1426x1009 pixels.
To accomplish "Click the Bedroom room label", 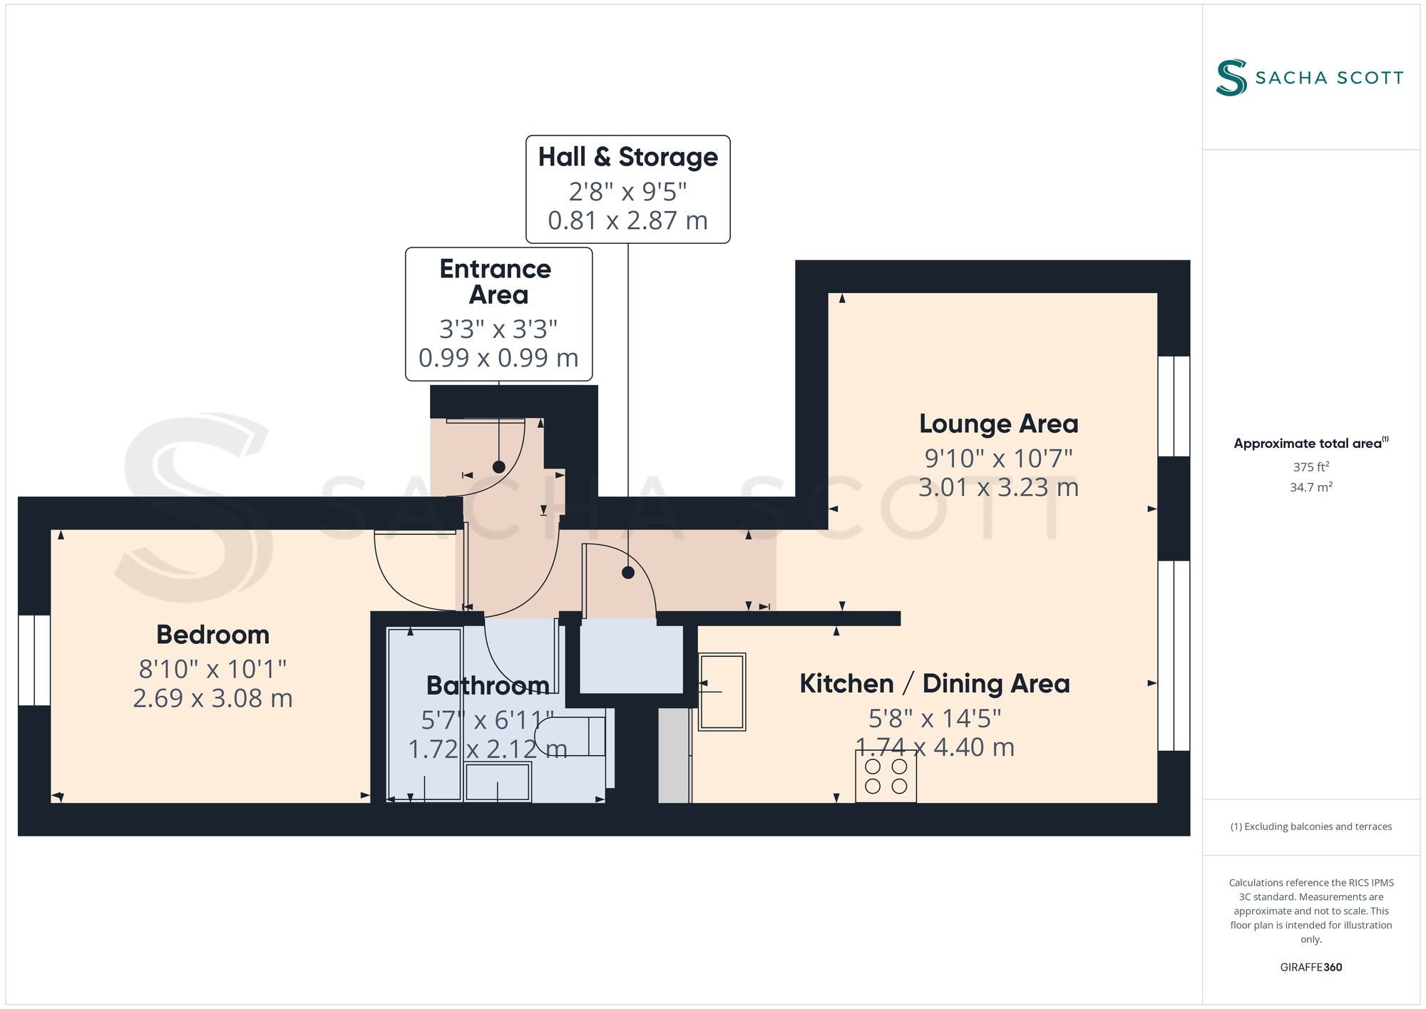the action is click(212, 635).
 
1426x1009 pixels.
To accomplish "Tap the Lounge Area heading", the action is click(998, 424).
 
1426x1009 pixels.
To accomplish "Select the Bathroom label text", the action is click(488, 685).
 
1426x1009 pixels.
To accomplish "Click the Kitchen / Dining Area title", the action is click(935, 683).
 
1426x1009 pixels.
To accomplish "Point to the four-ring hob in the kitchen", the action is click(886, 777).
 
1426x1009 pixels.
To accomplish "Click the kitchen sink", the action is click(722, 692).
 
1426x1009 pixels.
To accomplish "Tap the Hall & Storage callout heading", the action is click(628, 157).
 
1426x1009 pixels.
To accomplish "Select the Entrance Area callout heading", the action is click(496, 282).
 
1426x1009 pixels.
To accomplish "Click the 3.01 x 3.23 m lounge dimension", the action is click(998, 487).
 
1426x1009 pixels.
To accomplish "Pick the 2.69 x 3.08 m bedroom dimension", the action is click(212, 697).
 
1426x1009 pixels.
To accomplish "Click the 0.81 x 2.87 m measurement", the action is click(628, 220).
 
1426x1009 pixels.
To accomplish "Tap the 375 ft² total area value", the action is click(1311, 467).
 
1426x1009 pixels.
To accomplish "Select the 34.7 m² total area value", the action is click(1311, 487).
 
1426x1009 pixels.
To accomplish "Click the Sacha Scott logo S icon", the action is click(1231, 77).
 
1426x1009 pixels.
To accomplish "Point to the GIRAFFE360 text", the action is click(1311, 968).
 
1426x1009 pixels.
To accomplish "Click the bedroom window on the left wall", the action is click(34, 660).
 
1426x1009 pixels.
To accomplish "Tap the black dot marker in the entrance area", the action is click(499, 467).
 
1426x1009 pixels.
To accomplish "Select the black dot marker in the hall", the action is click(628, 572).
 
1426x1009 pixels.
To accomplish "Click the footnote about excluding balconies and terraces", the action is click(1311, 826).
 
